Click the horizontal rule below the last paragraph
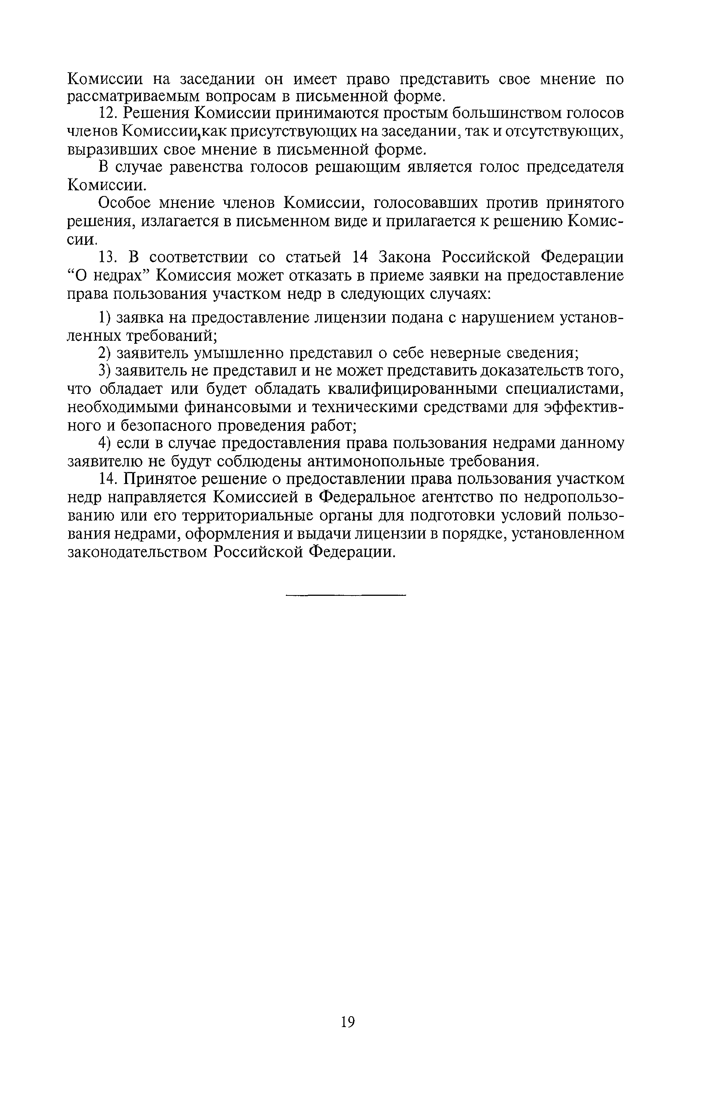[x=346, y=595]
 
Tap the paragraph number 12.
[x=108, y=113]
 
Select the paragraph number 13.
[x=108, y=257]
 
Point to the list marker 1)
[x=104, y=318]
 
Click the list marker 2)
[x=104, y=353]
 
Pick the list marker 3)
[x=104, y=371]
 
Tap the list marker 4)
[x=104, y=443]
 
